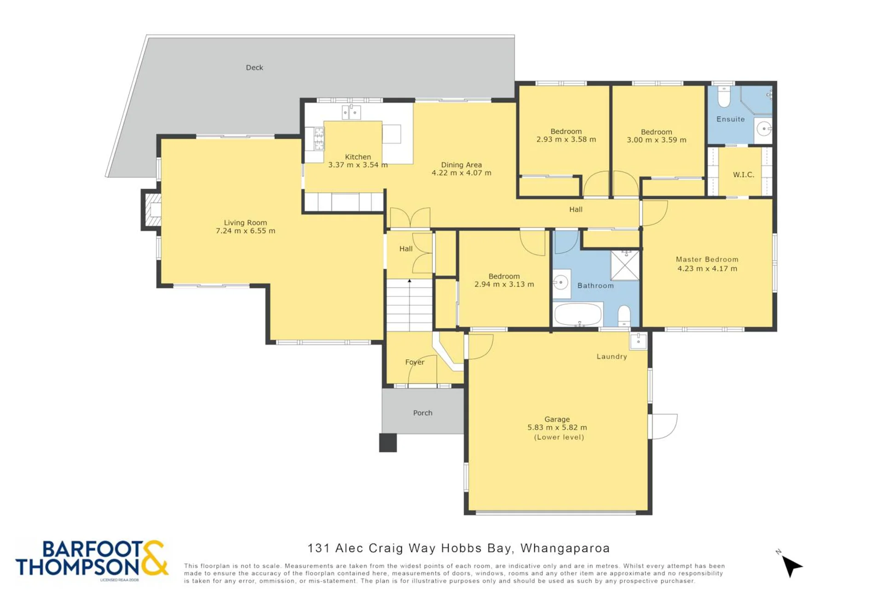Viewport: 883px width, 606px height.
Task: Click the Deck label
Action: pyautogui.click(x=254, y=68)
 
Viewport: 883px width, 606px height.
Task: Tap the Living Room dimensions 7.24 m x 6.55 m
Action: pyautogui.click(x=245, y=231)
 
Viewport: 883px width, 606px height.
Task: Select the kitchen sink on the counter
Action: pyautogui.click(x=351, y=112)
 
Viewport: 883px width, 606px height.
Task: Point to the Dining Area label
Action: pyautogui.click(x=461, y=165)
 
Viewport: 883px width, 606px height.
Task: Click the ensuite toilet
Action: pyautogui.click(x=724, y=96)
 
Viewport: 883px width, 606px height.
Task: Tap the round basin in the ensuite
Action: pyautogui.click(x=764, y=129)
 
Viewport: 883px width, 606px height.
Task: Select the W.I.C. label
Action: pyautogui.click(x=744, y=175)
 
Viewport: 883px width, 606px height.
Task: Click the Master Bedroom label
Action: pyautogui.click(x=707, y=259)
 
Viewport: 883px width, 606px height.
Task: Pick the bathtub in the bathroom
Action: pyautogui.click(x=578, y=314)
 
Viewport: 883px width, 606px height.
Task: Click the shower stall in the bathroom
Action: pyautogui.click(x=625, y=265)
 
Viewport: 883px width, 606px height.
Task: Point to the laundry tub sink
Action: pyautogui.click(x=638, y=341)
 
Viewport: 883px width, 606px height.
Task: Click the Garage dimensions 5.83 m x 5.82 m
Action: pyautogui.click(x=557, y=427)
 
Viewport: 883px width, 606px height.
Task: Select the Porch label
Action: pyautogui.click(x=422, y=413)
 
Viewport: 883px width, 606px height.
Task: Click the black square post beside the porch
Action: pyautogui.click(x=388, y=443)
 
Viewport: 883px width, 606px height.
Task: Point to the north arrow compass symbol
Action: pyautogui.click(x=791, y=566)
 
